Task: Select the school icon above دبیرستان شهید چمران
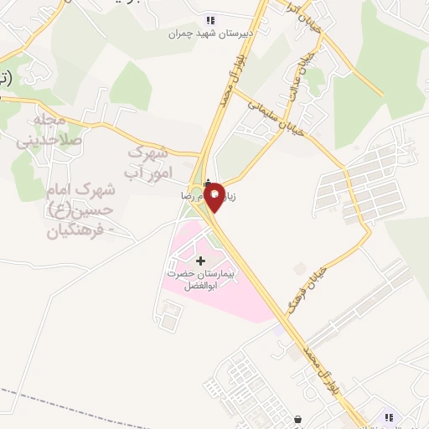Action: click(x=209, y=20)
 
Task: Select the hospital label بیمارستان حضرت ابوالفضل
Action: click(x=201, y=279)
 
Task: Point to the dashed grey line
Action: click(x=50, y=401)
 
